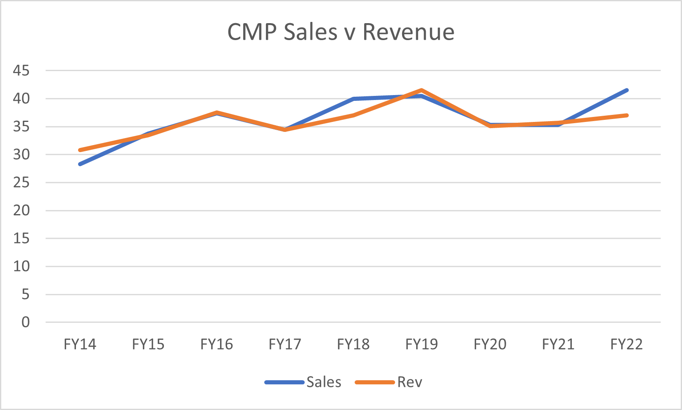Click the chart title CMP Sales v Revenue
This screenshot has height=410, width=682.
pyautogui.click(x=341, y=32)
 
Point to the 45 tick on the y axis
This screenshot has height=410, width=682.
pyautogui.click(x=21, y=71)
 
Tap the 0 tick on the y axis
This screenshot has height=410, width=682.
pyautogui.click(x=26, y=322)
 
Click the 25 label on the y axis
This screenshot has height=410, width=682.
pyautogui.click(x=21, y=182)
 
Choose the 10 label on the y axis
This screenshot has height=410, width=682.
pyautogui.click(x=21, y=266)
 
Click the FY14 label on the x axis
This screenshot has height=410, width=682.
pyautogui.click(x=80, y=344)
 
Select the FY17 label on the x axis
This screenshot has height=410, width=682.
pyautogui.click(x=285, y=344)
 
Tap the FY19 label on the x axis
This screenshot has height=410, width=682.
pyautogui.click(x=422, y=344)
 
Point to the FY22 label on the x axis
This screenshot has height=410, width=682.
pyautogui.click(x=627, y=344)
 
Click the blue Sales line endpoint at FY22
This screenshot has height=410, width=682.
pyautogui.click(x=627, y=90)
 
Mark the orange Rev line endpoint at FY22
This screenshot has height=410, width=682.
pyautogui.click(x=627, y=115)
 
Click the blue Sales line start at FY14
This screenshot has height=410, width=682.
pyautogui.click(x=80, y=164)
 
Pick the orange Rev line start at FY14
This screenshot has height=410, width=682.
pyautogui.click(x=80, y=150)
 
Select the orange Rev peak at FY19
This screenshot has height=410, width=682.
pyautogui.click(x=422, y=90)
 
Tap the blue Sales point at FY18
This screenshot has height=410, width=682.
pyautogui.click(x=353, y=99)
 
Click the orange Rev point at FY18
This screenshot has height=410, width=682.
pyautogui.click(x=353, y=115)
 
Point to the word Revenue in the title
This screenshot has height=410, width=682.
pyautogui.click(x=408, y=32)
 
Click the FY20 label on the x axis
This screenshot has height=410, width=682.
pyautogui.click(x=490, y=344)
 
